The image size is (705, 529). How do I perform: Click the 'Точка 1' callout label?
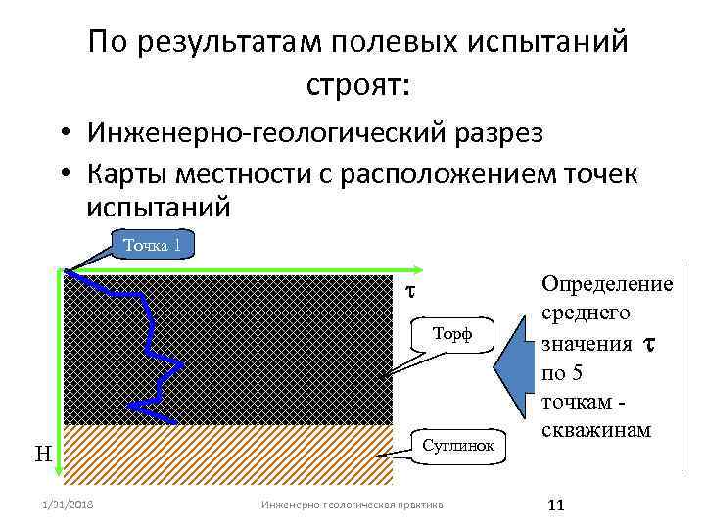pyautogui.click(x=152, y=244)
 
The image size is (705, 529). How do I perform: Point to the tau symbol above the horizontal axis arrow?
pyautogui.click(x=411, y=291)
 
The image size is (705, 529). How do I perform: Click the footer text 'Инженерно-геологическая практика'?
pyautogui.click(x=352, y=505)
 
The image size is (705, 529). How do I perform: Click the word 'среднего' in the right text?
pyautogui.click(x=586, y=313)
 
